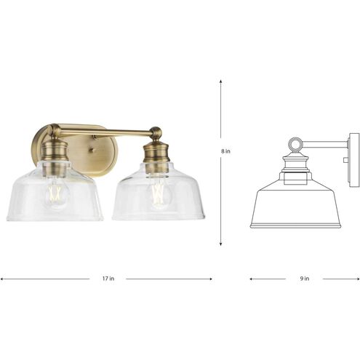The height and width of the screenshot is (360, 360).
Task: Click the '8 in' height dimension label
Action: pyautogui.click(x=226, y=151)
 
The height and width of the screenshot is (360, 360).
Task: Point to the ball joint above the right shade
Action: pyautogui.click(x=155, y=133)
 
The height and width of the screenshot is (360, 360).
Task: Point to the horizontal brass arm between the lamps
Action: pyautogui.click(x=109, y=133)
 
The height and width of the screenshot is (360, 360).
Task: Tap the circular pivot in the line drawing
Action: pyautogui.click(x=295, y=144)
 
